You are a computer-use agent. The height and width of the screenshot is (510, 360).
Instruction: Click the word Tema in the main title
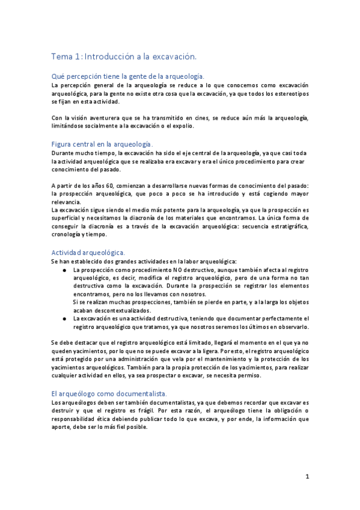pos(59,56)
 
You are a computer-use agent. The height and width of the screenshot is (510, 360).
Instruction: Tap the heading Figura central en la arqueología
pos(102,145)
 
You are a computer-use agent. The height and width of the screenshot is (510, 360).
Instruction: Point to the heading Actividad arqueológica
pos(88,253)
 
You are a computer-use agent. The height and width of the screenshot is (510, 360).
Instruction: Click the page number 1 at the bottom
pos(307,477)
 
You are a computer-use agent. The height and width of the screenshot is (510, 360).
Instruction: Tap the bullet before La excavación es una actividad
pos(64,318)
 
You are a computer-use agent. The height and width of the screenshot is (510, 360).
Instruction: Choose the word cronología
pos(67,235)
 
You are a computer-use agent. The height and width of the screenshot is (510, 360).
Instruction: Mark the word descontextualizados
pos(104,310)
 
